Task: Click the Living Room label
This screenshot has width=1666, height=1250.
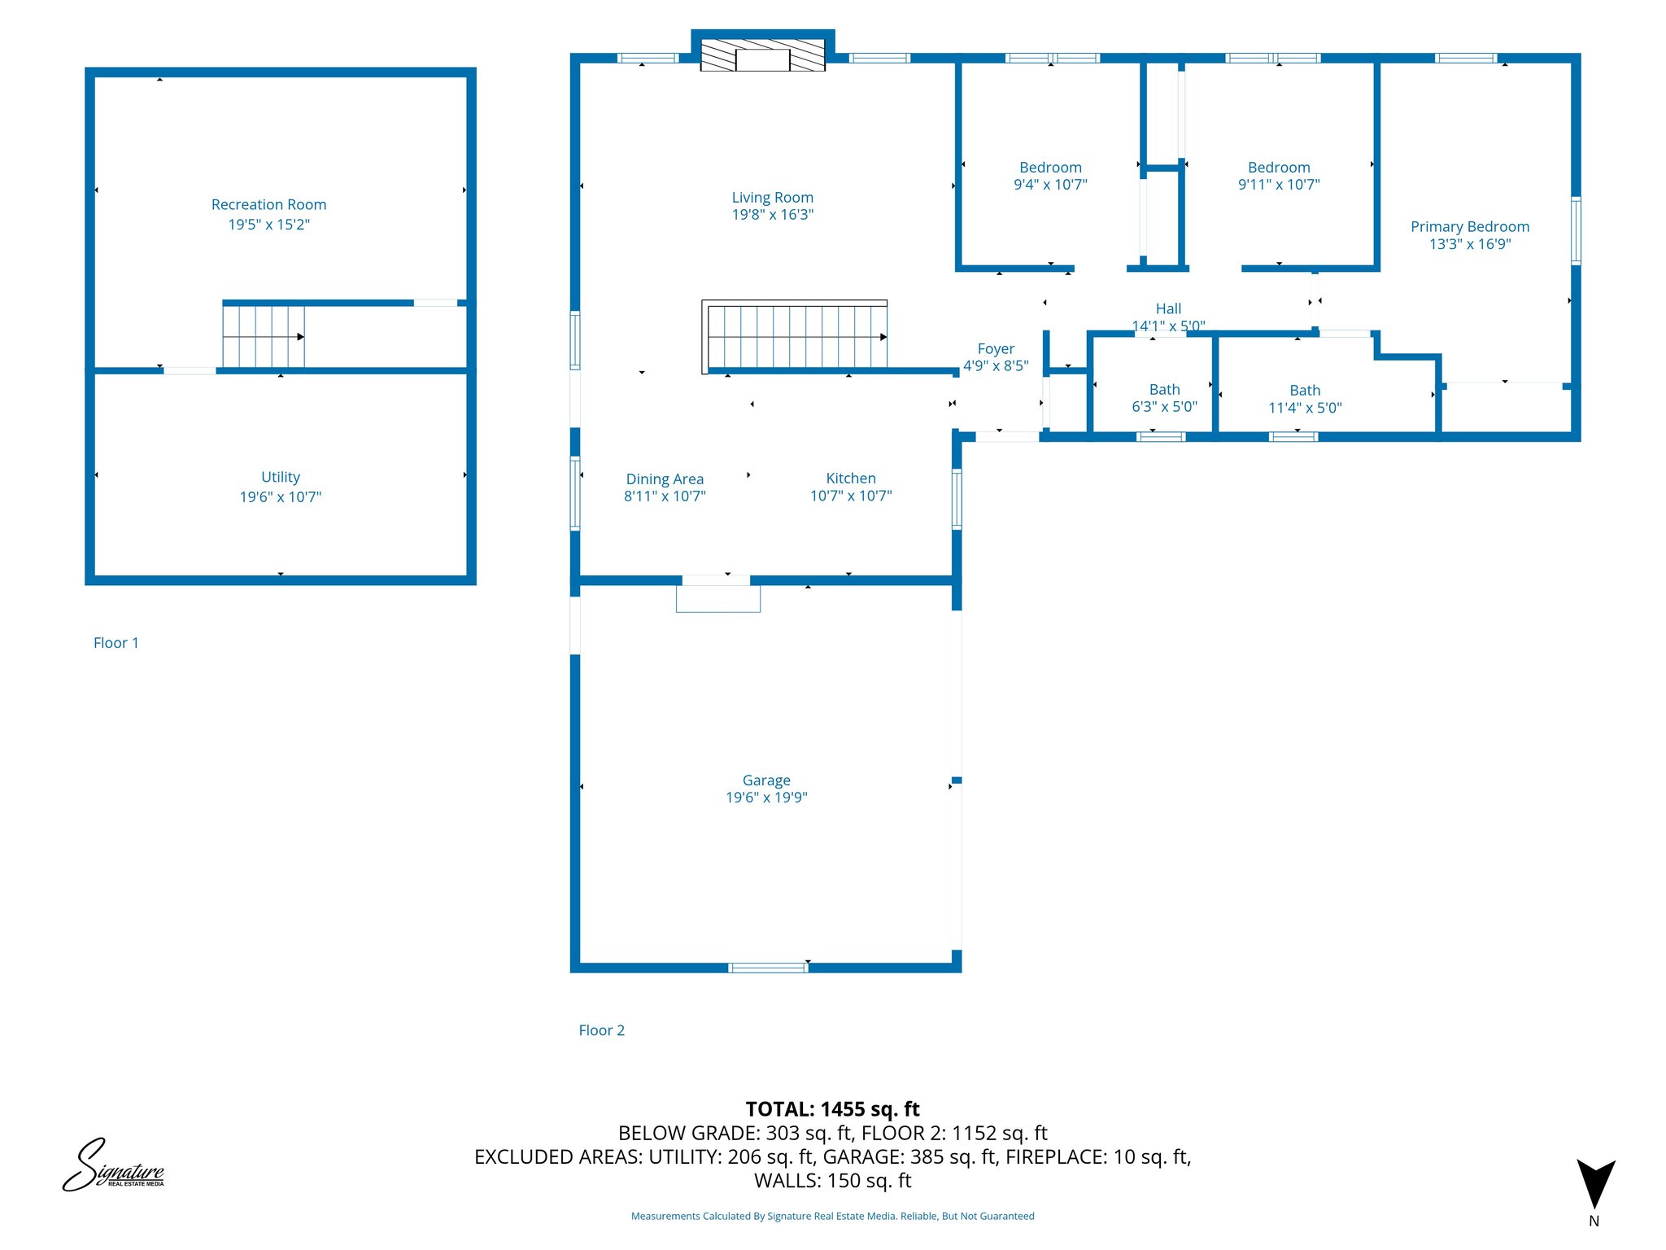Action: point(772,198)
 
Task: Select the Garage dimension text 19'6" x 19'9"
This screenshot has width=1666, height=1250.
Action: point(766,798)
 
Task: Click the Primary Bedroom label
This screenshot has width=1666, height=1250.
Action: point(1469,227)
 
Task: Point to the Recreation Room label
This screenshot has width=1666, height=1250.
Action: point(268,205)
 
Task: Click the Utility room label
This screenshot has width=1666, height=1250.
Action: point(281,478)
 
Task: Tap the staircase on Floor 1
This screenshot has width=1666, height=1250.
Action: point(264,336)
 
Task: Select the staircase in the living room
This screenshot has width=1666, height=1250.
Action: point(796,337)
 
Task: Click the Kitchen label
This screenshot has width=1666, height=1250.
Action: point(851,479)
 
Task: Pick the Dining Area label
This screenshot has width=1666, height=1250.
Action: point(665,479)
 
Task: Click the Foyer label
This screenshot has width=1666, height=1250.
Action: point(996,349)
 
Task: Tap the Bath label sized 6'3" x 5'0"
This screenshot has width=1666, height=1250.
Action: point(1164,390)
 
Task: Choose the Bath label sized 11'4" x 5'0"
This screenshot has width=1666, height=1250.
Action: point(1305,391)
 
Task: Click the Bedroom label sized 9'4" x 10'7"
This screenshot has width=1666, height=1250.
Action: point(1050,168)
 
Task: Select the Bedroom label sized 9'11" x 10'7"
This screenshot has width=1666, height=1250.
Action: point(1279,168)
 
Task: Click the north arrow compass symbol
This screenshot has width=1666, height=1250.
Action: point(1595,1184)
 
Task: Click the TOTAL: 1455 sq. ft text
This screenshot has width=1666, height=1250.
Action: point(832,1109)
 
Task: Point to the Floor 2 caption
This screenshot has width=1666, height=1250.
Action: point(601,1030)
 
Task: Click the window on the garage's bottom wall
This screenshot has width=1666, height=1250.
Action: point(768,968)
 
